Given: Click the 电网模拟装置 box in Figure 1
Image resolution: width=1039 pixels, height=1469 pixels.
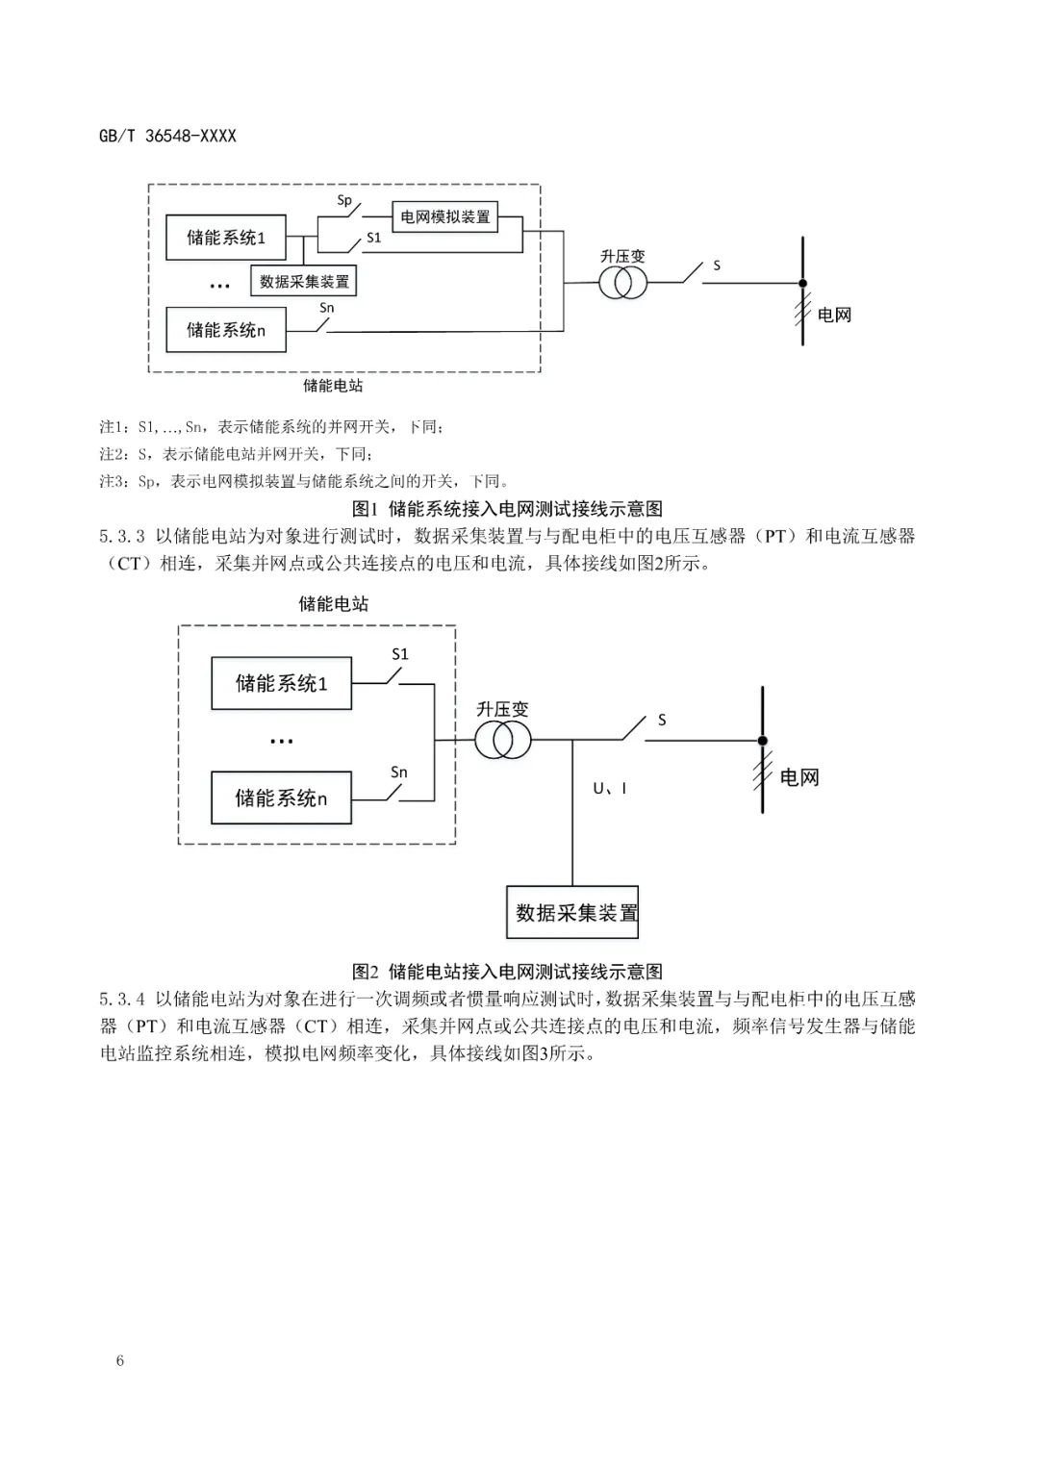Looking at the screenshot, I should [x=444, y=216].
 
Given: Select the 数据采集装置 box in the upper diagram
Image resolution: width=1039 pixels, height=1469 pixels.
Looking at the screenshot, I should [x=304, y=282].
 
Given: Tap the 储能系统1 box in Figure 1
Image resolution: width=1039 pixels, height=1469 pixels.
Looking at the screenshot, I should [x=226, y=238].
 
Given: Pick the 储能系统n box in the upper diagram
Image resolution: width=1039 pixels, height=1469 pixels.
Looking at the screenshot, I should [x=226, y=330].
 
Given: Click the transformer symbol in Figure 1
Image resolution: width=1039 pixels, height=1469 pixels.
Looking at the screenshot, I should [x=623, y=283].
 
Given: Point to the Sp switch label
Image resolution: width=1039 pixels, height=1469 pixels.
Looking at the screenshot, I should [x=344, y=201].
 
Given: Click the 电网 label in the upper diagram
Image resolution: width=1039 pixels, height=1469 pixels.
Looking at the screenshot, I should [x=834, y=315].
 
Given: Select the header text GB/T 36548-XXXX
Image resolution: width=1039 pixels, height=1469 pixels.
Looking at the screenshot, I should [x=167, y=136].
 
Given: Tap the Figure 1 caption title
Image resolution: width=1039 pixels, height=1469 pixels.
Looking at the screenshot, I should [x=507, y=509].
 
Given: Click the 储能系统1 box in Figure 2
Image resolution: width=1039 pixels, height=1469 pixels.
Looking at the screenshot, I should [x=282, y=683].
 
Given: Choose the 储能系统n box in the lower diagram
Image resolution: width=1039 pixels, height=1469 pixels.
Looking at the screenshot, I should [x=282, y=798].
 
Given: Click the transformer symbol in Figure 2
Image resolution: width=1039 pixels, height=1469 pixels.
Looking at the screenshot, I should [x=501, y=741].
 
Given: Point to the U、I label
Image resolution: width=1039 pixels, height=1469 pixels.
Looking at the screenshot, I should [x=610, y=789].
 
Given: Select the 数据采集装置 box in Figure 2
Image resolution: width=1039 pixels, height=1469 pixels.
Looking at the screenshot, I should [x=572, y=913].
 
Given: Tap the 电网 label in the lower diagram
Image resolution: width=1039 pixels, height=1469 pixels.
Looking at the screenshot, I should [x=798, y=777].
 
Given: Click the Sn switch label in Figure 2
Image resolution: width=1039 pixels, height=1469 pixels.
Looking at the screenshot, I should [x=399, y=772].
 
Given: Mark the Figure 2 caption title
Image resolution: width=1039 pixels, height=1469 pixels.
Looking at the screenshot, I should [x=507, y=972].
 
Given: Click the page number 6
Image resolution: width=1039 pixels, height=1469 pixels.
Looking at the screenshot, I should [x=120, y=1360].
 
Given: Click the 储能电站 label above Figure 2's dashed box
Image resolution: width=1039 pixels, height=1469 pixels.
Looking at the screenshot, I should [x=334, y=604].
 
